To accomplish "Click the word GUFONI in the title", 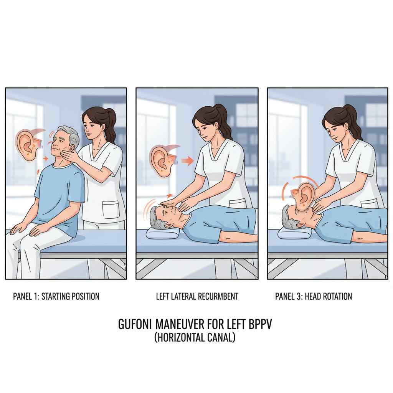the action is click(135, 324).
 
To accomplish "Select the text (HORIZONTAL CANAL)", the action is click(195, 337).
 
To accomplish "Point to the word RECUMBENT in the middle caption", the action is click(218, 296).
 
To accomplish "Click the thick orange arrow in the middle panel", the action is click(188, 161).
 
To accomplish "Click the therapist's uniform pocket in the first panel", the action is click(110, 210).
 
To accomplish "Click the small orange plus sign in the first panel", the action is click(45, 159).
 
